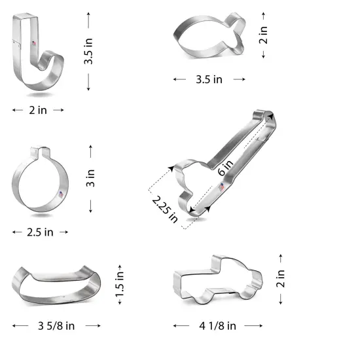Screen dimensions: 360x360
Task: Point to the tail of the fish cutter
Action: [236, 29]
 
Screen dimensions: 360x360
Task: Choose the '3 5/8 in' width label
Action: [57, 325]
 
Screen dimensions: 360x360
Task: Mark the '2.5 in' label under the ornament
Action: [40, 232]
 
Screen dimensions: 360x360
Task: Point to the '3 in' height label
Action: [91, 179]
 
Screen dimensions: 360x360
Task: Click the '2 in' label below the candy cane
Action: [38, 110]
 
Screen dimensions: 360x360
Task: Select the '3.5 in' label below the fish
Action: [209, 79]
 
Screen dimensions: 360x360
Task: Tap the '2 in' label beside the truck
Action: [281, 279]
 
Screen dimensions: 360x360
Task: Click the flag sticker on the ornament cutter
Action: [61, 196]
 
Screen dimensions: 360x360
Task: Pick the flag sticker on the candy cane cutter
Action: [31, 44]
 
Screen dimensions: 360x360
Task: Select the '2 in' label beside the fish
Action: [263, 31]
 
